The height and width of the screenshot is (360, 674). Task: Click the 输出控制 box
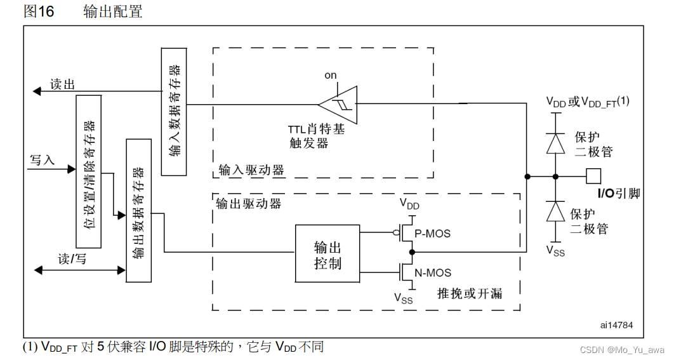coord(327,253)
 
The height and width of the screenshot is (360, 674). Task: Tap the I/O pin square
coord(593,176)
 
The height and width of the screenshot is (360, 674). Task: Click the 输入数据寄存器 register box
coord(174,111)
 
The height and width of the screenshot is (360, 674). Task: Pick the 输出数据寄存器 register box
coord(138,210)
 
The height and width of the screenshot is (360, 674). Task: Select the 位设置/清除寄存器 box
coord(88,171)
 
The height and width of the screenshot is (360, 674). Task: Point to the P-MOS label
coord(432,234)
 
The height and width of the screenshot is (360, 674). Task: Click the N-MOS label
coord(432,273)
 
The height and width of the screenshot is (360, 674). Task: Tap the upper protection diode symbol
coord(556,143)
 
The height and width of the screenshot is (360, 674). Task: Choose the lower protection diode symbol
coord(556,211)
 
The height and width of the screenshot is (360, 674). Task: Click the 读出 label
coord(62,84)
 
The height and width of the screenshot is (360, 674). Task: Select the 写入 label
coord(43,160)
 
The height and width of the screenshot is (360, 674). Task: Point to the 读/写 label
coord(72,259)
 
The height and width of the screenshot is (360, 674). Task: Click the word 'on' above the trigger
coord(331,76)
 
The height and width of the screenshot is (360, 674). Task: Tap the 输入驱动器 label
coord(252,170)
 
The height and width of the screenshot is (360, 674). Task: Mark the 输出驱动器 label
coord(248,203)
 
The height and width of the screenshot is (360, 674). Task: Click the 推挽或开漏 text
coord(470,293)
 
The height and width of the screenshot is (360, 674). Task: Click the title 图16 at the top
coord(39,11)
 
